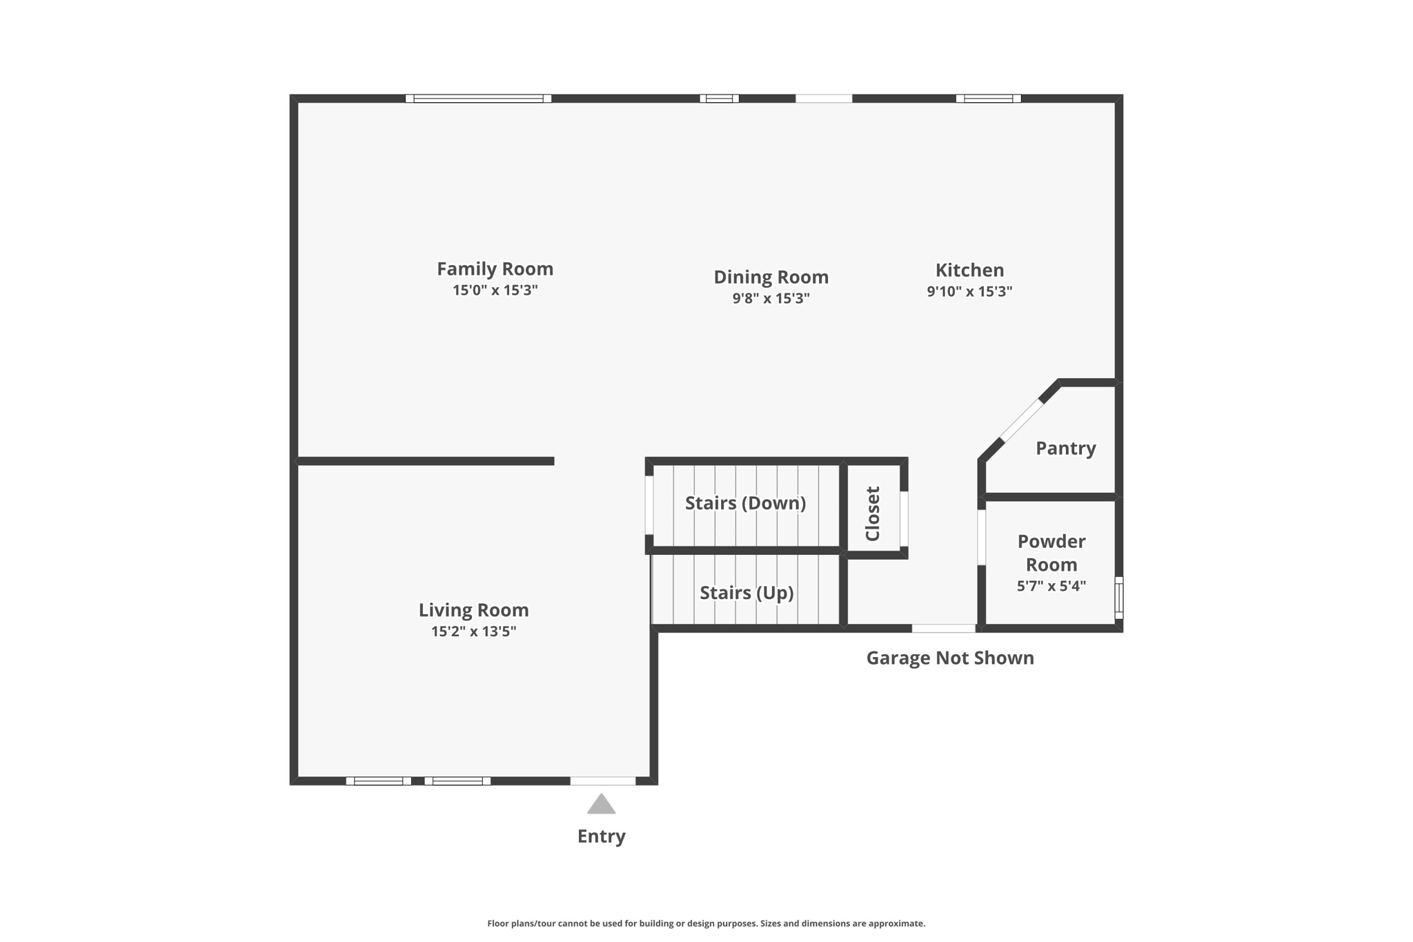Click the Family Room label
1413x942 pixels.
(x=495, y=268)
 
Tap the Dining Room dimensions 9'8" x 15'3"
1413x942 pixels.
(x=771, y=298)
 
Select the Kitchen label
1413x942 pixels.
(x=969, y=270)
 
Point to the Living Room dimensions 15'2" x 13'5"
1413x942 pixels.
(x=473, y=631)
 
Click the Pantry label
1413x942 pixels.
(x=1065, y=449)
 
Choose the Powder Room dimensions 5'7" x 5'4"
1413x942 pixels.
(x=1051, y=586)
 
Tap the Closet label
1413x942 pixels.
(x=873, y=513)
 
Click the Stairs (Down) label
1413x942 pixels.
(x=745, y=503)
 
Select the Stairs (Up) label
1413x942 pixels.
(x=747, y=593)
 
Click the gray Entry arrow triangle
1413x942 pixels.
(x=601, y=805)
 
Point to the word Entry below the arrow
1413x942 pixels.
(x=601, y=836)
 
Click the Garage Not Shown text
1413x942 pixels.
(x=949, y=658)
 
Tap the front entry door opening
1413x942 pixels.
(x=602, y=781)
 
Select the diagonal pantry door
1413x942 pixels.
(x=1021, y=420)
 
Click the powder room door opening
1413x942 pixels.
(x=981, y=537)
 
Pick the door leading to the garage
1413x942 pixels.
(x=943, y=628)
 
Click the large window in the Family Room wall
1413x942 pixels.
(x=478, y=99)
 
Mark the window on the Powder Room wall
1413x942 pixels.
(x=1118, y=598)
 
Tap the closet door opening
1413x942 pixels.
(x=904, y=519)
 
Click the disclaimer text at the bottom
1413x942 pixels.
(x=706, y=923)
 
